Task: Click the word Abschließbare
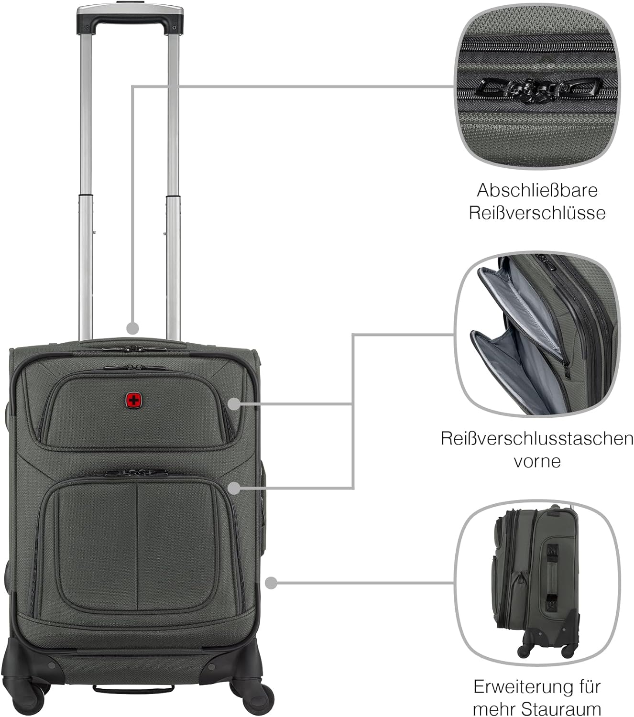tap(537, 190)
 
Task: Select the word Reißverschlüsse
tap(537, 213)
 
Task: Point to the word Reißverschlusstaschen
tap(537, 438)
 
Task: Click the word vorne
tap(537, 461)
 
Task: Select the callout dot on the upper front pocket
tap(233, 404)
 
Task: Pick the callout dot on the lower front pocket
tap(234, 488)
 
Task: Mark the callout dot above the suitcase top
tap(132, 328)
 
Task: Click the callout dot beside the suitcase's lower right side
tap(271, 583)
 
